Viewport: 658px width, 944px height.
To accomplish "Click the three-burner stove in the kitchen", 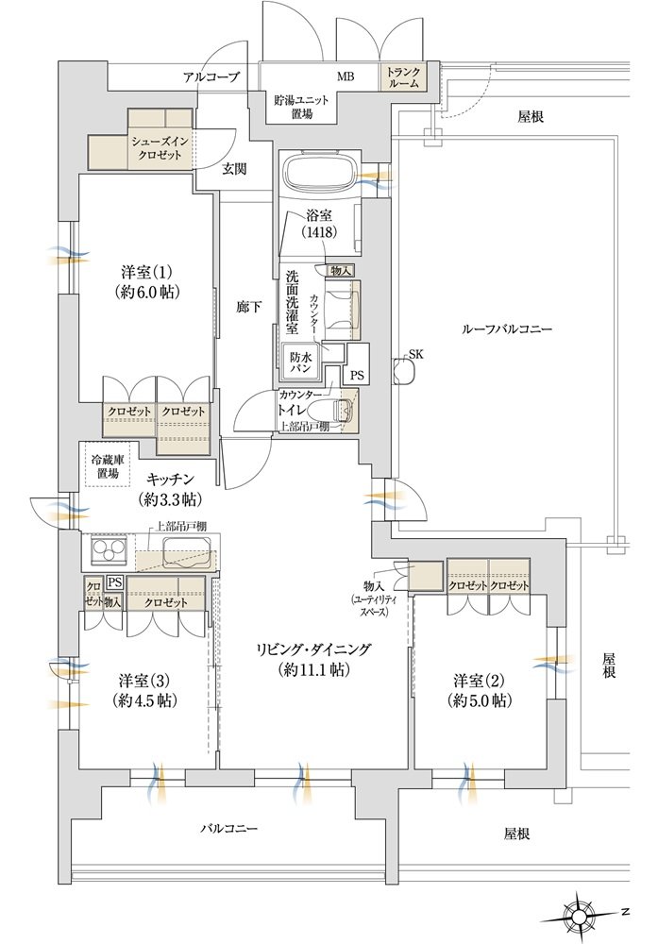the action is (x=108, y=551).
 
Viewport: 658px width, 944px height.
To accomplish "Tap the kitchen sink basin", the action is (x=188, y=551).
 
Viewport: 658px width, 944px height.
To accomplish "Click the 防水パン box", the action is (x=298, y=362).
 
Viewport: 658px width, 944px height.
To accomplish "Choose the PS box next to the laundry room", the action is (x=358, y=375).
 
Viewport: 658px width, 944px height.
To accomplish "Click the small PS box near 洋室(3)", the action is (x=115, y=582).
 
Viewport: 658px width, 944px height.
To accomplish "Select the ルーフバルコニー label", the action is (x=506, y=329).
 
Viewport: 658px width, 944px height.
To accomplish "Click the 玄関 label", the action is (x=235, y=169).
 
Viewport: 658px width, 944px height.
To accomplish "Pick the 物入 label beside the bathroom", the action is (x=341, y=272).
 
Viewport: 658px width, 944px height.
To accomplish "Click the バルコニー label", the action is (x=228, y=829).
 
